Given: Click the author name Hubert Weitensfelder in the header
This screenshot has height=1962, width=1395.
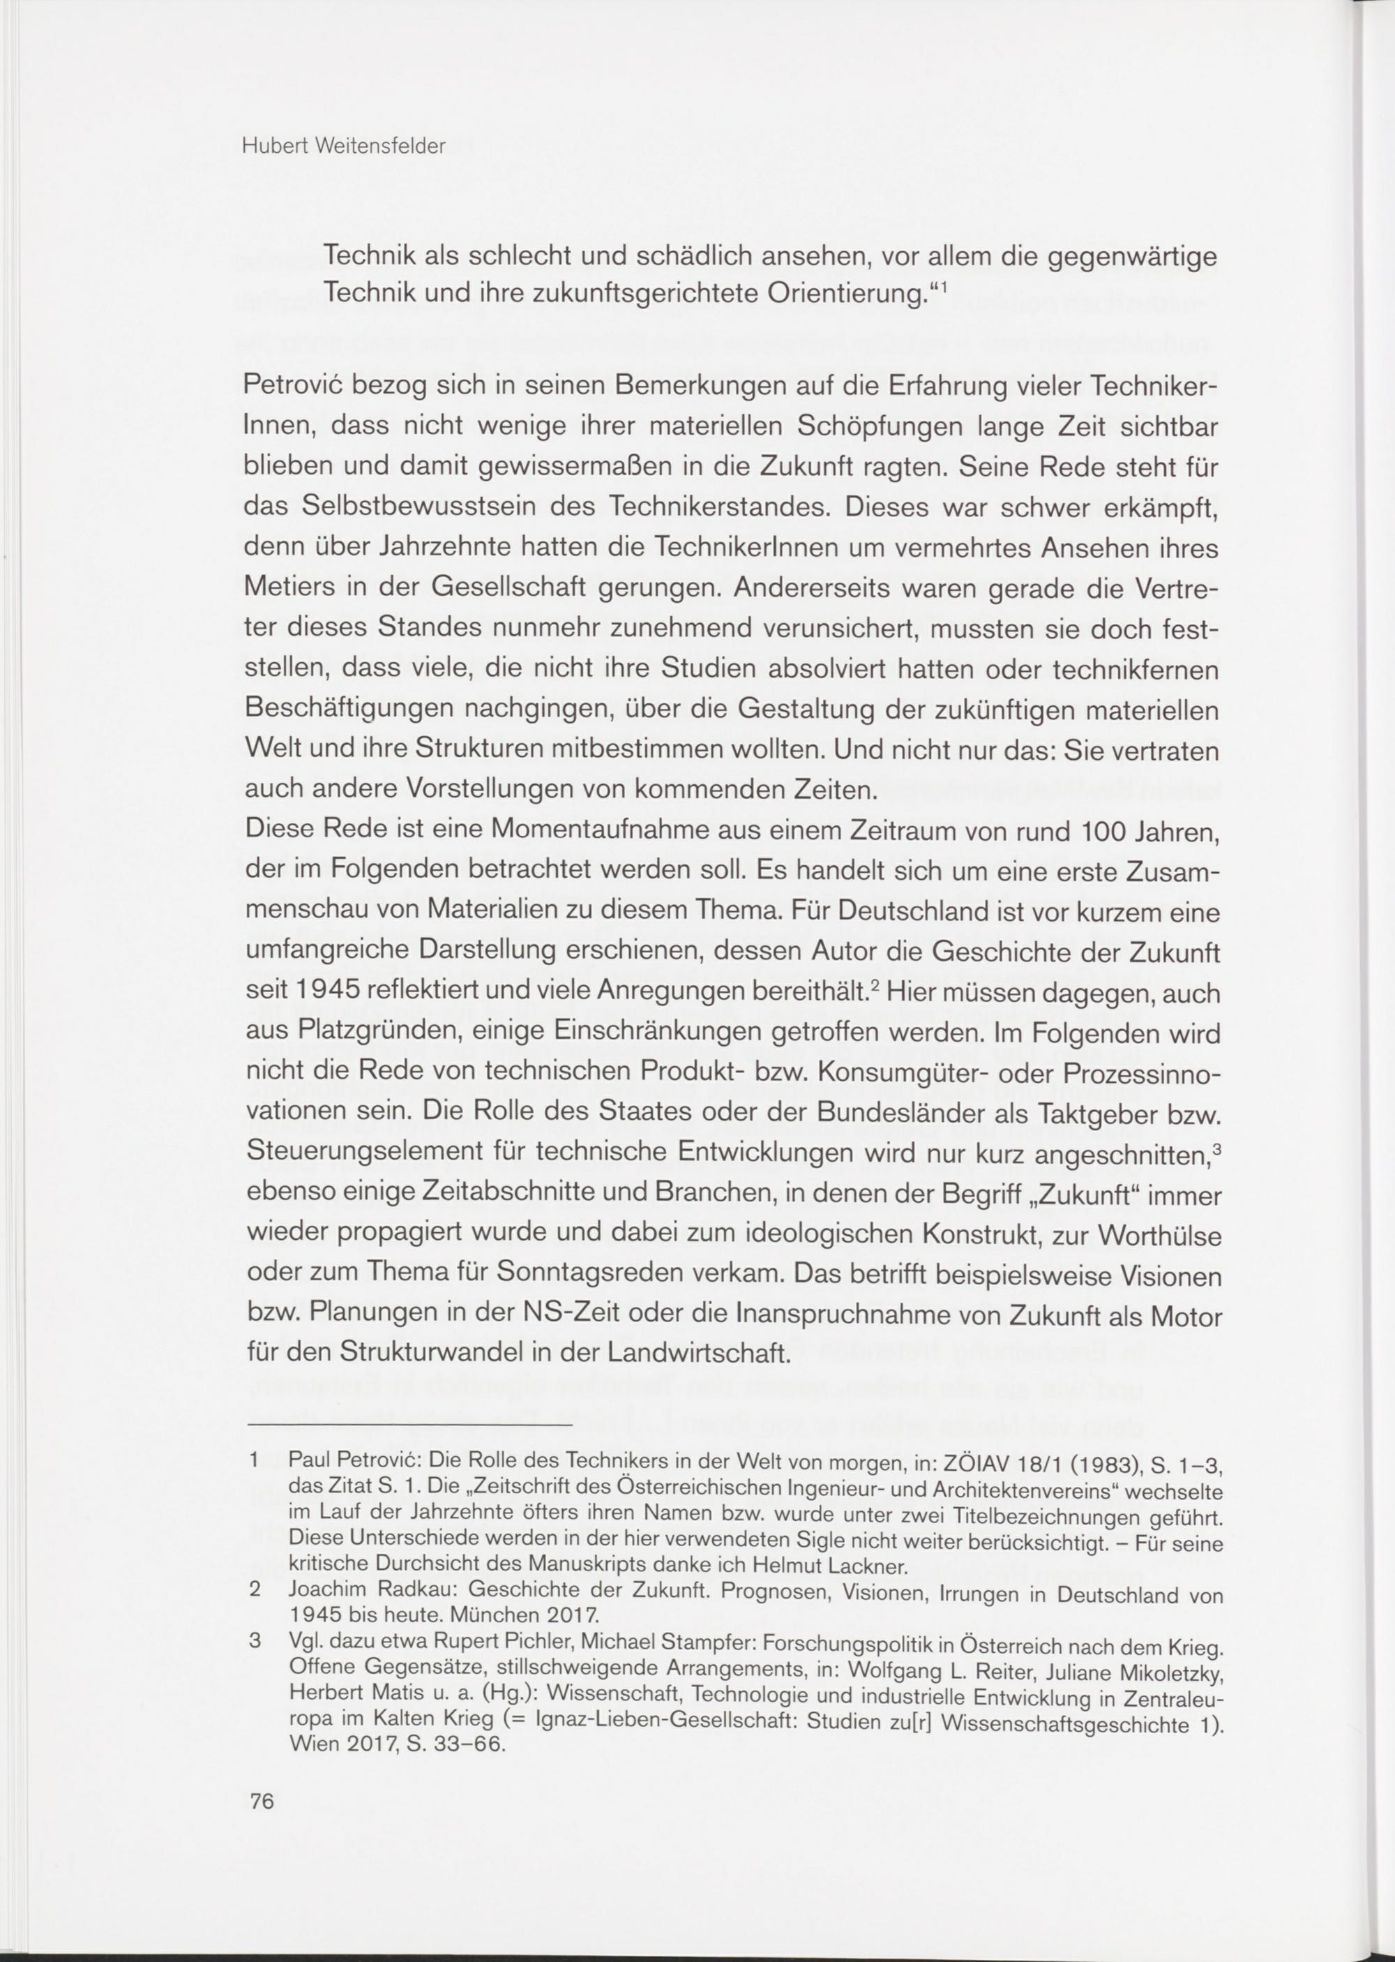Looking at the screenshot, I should coord(344,147).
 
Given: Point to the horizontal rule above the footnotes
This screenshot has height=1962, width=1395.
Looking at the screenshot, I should coord(409,1425).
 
